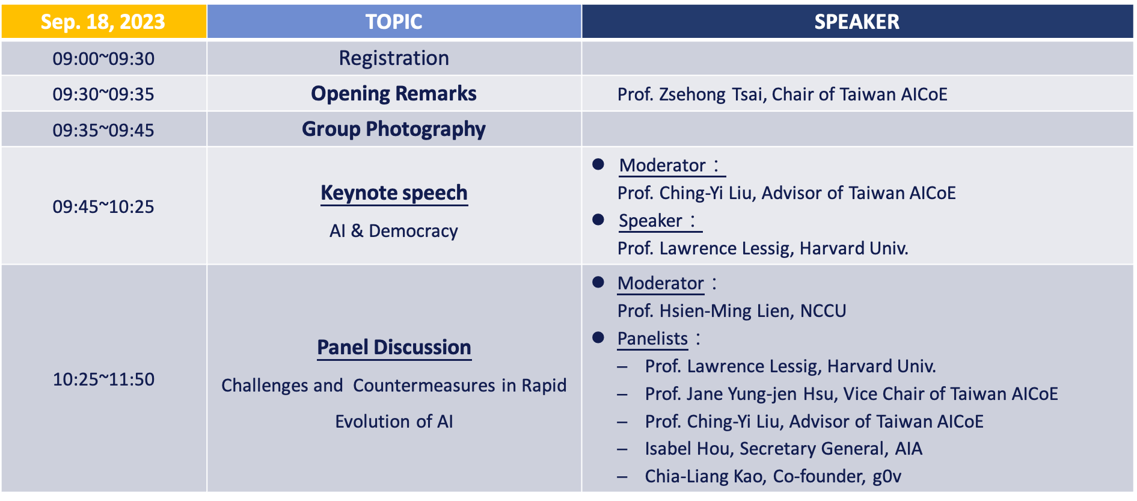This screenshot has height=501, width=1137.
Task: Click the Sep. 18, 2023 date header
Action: coord(103,22)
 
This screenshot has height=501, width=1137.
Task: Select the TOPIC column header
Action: coord(394,22)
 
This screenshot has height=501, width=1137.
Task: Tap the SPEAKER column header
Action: coord(857,22)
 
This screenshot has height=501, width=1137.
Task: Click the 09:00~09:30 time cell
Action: coord(103,58)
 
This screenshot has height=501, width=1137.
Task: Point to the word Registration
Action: coord(394,58)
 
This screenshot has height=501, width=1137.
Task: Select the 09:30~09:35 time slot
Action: coord(103,94)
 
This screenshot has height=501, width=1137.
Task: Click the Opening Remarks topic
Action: coord(394,94)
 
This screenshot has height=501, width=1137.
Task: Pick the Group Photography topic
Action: coord(394,129)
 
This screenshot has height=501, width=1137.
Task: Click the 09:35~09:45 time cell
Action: coord(103,130)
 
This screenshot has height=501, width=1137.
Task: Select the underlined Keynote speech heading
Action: coord(394,193)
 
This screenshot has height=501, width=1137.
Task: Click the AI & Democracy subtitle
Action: coord(394,231)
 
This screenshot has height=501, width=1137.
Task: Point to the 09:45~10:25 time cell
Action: coord(103,206)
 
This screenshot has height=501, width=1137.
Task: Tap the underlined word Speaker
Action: coord(651,221)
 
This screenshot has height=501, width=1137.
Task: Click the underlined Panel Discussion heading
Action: coord(394,348)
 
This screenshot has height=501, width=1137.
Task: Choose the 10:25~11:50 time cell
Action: coord(103,379)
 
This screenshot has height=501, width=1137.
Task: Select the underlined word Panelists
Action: coord(652,339)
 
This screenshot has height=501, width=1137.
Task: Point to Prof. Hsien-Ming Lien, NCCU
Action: coord(732,311)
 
